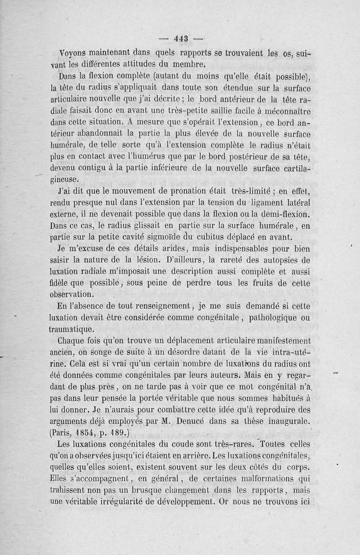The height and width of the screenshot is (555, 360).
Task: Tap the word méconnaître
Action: point(286,110)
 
